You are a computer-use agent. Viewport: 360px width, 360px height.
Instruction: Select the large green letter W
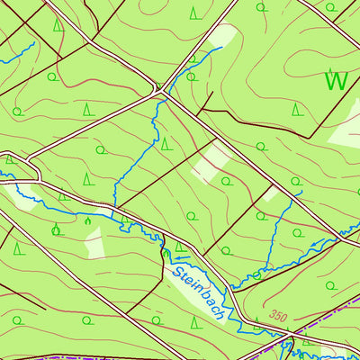pyautogui.click(x=336, y=81)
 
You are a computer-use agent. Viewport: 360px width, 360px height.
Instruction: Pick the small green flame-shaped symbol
pyautogui.click(x=87, y=220)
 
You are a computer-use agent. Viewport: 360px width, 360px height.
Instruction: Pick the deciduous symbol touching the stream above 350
pyautogui.click(x=256, y=275)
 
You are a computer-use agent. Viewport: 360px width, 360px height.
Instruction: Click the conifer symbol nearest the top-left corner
pyautogui.click(x=58, y=26)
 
